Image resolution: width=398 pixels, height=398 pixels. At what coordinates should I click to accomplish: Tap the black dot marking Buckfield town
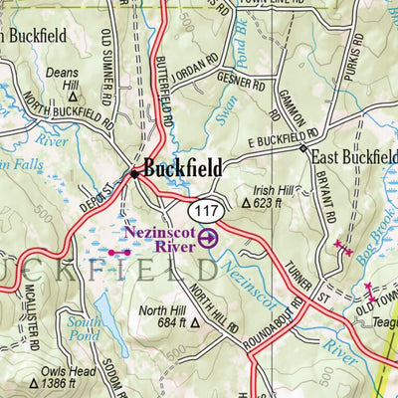click(135, 173)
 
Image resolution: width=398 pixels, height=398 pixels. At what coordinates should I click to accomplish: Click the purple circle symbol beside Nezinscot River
click(207, 238)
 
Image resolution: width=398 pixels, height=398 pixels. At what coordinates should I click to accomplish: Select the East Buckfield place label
click(354, 156)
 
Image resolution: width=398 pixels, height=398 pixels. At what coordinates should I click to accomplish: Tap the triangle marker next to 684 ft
click(195, 322)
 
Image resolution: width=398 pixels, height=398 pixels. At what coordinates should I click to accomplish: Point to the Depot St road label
click(97, 187)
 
